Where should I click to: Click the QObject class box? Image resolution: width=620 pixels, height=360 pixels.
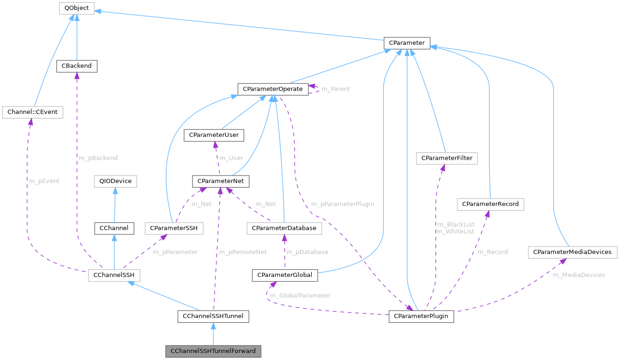click(77, 8)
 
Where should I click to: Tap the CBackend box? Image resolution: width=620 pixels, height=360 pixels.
click(77, 66)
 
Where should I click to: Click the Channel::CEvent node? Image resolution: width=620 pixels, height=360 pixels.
click(32, 112)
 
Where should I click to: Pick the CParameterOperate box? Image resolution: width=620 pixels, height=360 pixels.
click(272, 89)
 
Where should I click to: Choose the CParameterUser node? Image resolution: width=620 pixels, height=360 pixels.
click(214, 135)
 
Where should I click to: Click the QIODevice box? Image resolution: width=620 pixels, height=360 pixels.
click(115, 181)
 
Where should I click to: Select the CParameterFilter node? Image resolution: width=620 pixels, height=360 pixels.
click(447, 158)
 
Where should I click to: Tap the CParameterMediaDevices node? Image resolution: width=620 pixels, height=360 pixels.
click(573, 252)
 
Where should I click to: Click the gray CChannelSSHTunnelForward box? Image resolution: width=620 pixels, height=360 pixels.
click(213, 351)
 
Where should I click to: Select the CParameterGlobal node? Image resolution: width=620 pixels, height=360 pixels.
click(285, 275)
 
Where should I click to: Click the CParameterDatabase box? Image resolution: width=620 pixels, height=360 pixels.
click(284, 228)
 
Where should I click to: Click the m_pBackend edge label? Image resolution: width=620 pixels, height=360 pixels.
click(98, 158)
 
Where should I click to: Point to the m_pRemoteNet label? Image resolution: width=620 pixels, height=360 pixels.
click(242, 252)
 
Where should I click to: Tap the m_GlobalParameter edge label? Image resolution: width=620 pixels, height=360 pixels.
click(300, 295)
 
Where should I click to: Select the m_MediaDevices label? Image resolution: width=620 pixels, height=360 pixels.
click(578, 275)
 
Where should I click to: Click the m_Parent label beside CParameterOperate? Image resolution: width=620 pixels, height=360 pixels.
click(335, 89)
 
